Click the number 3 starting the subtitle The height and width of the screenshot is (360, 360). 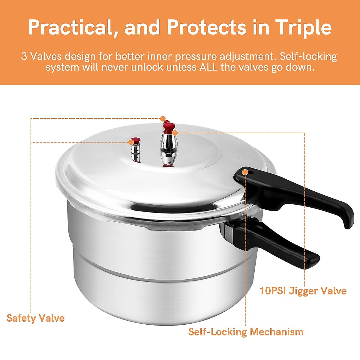coord(24,56)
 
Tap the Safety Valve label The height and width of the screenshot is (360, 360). coord(35,318)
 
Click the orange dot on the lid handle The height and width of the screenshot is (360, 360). coord(245,172)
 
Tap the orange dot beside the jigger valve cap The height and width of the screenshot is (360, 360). coord(175,132)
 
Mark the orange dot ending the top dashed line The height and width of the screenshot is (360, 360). coord(163,118)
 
